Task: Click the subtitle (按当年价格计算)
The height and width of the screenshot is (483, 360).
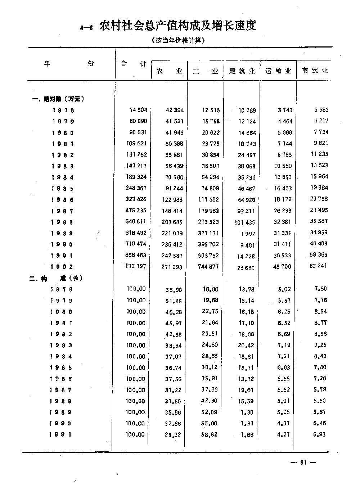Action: (x=178, y=40)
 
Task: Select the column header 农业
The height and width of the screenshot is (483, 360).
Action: (x=170, y=71)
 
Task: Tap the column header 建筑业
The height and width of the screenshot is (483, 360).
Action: (x=242, y=71)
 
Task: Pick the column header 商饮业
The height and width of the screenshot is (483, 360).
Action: (x=315, y=71)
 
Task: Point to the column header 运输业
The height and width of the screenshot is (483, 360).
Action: (x=278, y=71)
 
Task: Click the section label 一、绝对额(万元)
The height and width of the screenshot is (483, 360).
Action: (x=59, y=99)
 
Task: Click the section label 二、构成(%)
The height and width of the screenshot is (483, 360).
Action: (x=56, y=278)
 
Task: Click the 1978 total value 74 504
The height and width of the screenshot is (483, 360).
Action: (x=138, y=110)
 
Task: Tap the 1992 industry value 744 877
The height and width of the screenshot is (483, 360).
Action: (x=208, y=267)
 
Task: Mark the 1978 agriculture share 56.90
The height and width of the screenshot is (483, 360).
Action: (x=173, y=289)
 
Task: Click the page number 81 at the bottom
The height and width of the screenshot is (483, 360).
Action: (x=303, y=463)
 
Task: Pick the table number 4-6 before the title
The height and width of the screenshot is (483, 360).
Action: (x=87, y=28)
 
